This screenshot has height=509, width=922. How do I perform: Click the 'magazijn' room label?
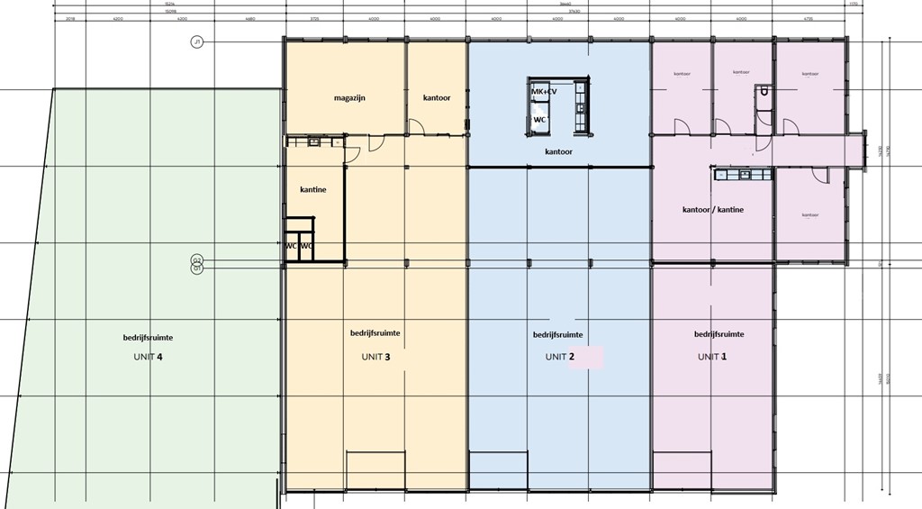click(x=348, y=97)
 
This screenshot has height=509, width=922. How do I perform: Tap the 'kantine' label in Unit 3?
click(x=312, y=189)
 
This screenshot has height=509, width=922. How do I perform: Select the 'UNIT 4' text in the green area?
click(x=148, y=357)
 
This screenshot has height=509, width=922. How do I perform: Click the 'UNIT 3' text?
click(x=375, y=357)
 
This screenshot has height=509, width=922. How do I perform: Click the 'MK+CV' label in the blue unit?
click(x=544, y=91)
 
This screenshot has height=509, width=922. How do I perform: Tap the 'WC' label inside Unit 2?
click(x=540, y=118)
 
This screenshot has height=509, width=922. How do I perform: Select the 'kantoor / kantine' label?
click(x=713, y=209)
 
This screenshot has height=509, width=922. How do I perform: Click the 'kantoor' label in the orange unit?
click(x=437, y=97)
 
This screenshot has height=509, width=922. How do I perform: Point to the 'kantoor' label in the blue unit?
click(x=559, y=152)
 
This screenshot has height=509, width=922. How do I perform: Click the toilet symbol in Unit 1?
click(x=764, y=92)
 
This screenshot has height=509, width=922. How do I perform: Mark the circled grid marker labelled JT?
click(x=197, y=41)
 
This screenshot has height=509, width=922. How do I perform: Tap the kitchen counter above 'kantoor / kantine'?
click(x=744, y=175)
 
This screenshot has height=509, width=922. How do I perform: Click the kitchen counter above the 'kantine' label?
click(x=314, y=141)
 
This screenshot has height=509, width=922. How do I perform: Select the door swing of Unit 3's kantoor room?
click(x=416, y=127)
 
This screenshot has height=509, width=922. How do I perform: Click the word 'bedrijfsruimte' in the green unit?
click(x=149, y=337)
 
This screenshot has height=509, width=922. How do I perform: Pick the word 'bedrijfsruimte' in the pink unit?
click(x=719, y=333)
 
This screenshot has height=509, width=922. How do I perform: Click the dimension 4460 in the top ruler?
click(x=250, y=18)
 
